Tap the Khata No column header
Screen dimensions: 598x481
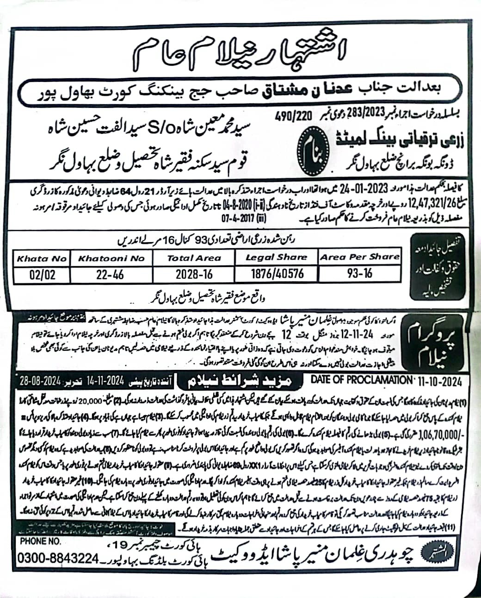tap(42, 258)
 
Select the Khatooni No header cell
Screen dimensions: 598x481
tap(111, 258)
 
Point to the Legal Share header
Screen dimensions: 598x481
tap(276, 257)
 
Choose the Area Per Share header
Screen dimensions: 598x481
tap(359, 256)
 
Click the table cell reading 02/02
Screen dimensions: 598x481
tap(42, 274)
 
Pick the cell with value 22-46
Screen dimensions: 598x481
tap(111, 274)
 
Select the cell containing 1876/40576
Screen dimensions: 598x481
tap(277, 274)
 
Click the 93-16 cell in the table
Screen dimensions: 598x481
tap(359, 273)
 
